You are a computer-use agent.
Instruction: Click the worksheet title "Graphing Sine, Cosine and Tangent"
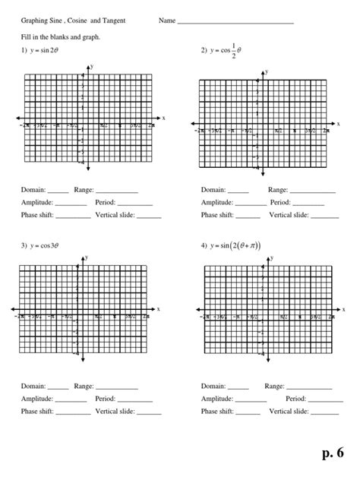click(x=74, y=21)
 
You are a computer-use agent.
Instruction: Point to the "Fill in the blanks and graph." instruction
click(x=62, y=36)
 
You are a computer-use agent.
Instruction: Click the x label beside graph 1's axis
click(x=163, y=118)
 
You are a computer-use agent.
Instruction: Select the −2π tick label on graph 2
click(x=198, y=131)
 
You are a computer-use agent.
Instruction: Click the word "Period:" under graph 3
click(x=106, y=398)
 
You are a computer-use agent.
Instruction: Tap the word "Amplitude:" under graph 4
click(x=219, y=398)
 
